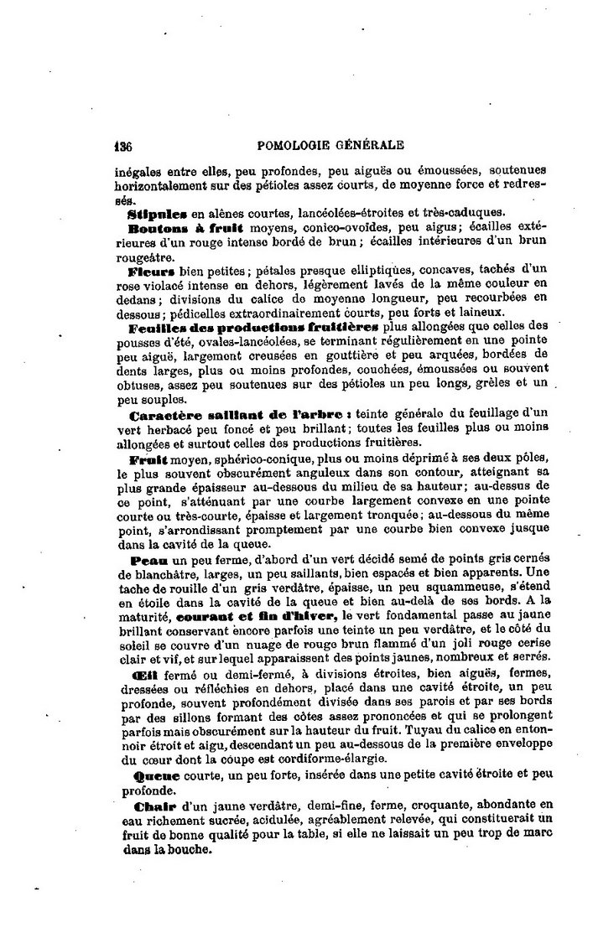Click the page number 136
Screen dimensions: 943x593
click(123, 144)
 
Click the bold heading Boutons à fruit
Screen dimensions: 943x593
click(185, 227)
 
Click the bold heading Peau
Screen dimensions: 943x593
click(146, 559)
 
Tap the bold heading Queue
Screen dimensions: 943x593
click(151, 775)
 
